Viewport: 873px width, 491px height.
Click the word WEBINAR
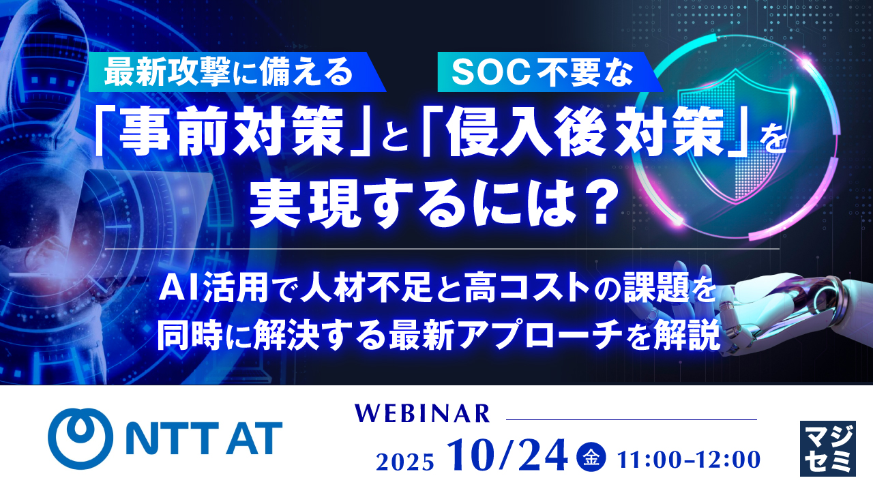pos(423,413)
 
